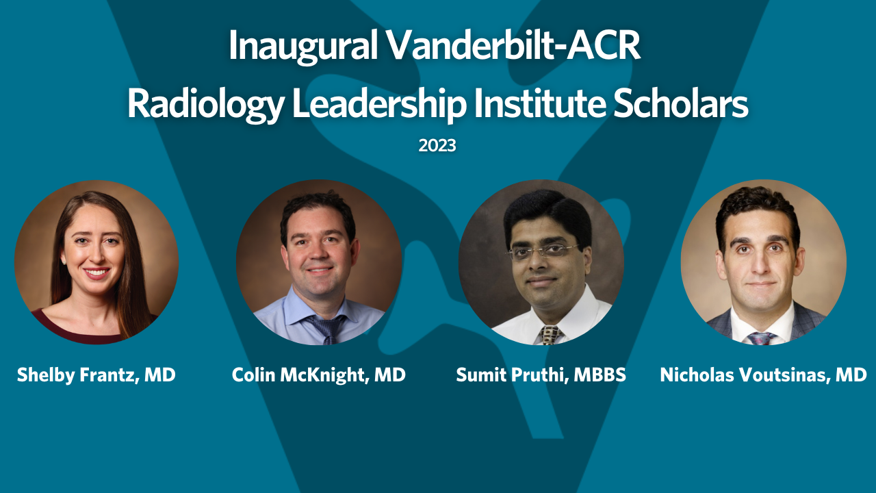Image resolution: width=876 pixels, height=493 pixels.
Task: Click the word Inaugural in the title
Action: pyautogui.click(x=302, y=46)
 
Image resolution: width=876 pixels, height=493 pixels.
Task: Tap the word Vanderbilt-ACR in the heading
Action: pyautogui.click(x=514, y=45)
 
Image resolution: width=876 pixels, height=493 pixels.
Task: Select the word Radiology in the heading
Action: pyautogui.click(x=205, y=105)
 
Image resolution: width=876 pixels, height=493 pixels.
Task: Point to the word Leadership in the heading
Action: pyautogui.click(x=379, y=105)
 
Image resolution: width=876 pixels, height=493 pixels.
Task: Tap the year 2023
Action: pyautogui.click(x=437, y=146)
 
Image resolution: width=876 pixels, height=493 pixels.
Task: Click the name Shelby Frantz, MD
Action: pyautogui.click(x=96, y=375)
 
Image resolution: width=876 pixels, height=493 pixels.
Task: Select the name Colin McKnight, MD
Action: pyautogui.click(x=319, y=375)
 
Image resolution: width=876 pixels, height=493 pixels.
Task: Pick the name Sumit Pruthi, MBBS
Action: pyautogui.click(x=541, y=375)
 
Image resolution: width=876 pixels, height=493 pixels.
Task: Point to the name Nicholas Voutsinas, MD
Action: pyautogui.click(x=763, y=375)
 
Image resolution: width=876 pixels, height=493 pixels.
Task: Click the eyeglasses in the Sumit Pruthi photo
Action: pyautogui.click(x=543, y=251)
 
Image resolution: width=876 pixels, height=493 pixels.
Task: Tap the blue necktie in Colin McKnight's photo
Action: pyautogui.click(x=326, y=328)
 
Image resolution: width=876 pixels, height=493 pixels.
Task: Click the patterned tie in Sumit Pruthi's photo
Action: pyautogui.click(x=550, y=335)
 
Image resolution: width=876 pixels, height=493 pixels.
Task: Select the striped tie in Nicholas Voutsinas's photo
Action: pyautogui.click(x=761, y=338)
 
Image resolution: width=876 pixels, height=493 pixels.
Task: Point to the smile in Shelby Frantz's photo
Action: pyautogui.click(x=96, y=273)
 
